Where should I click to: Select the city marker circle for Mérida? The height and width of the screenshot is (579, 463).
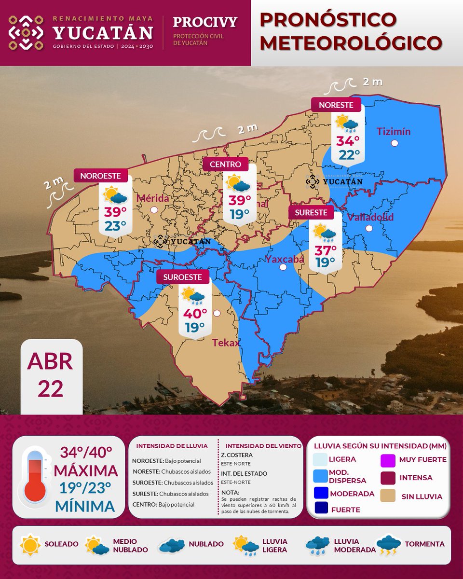tap(154, 209)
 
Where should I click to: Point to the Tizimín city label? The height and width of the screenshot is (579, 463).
tap(393, 131)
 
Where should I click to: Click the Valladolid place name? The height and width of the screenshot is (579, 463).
tap(370, 217)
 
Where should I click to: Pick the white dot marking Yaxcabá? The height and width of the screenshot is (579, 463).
tap(283, 267)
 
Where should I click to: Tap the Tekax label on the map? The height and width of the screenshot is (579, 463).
tap(226, 343)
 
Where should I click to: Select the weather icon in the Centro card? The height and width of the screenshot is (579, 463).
tap(238, 184)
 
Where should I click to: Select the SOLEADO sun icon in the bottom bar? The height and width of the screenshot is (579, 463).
tap(30, 544)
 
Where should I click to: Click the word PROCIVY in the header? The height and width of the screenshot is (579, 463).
tap(205, 22)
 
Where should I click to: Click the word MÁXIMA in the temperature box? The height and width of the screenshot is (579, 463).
tap(86, 470)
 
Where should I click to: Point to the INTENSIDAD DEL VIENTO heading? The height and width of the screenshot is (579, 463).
tap(264, 446)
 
